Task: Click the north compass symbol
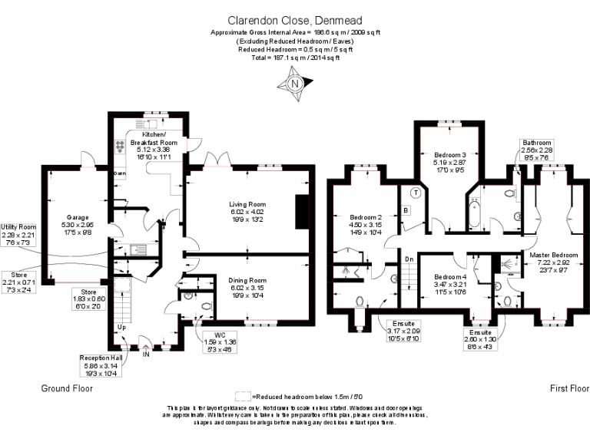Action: pyautogui.click(x=294, y=84)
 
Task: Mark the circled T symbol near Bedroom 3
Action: pyautogui.click(x=415, y=193)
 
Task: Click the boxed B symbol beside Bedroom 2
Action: pyautogui.click(x=406, y=209)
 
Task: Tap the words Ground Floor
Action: pyautogui.click(x=66, y=389)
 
